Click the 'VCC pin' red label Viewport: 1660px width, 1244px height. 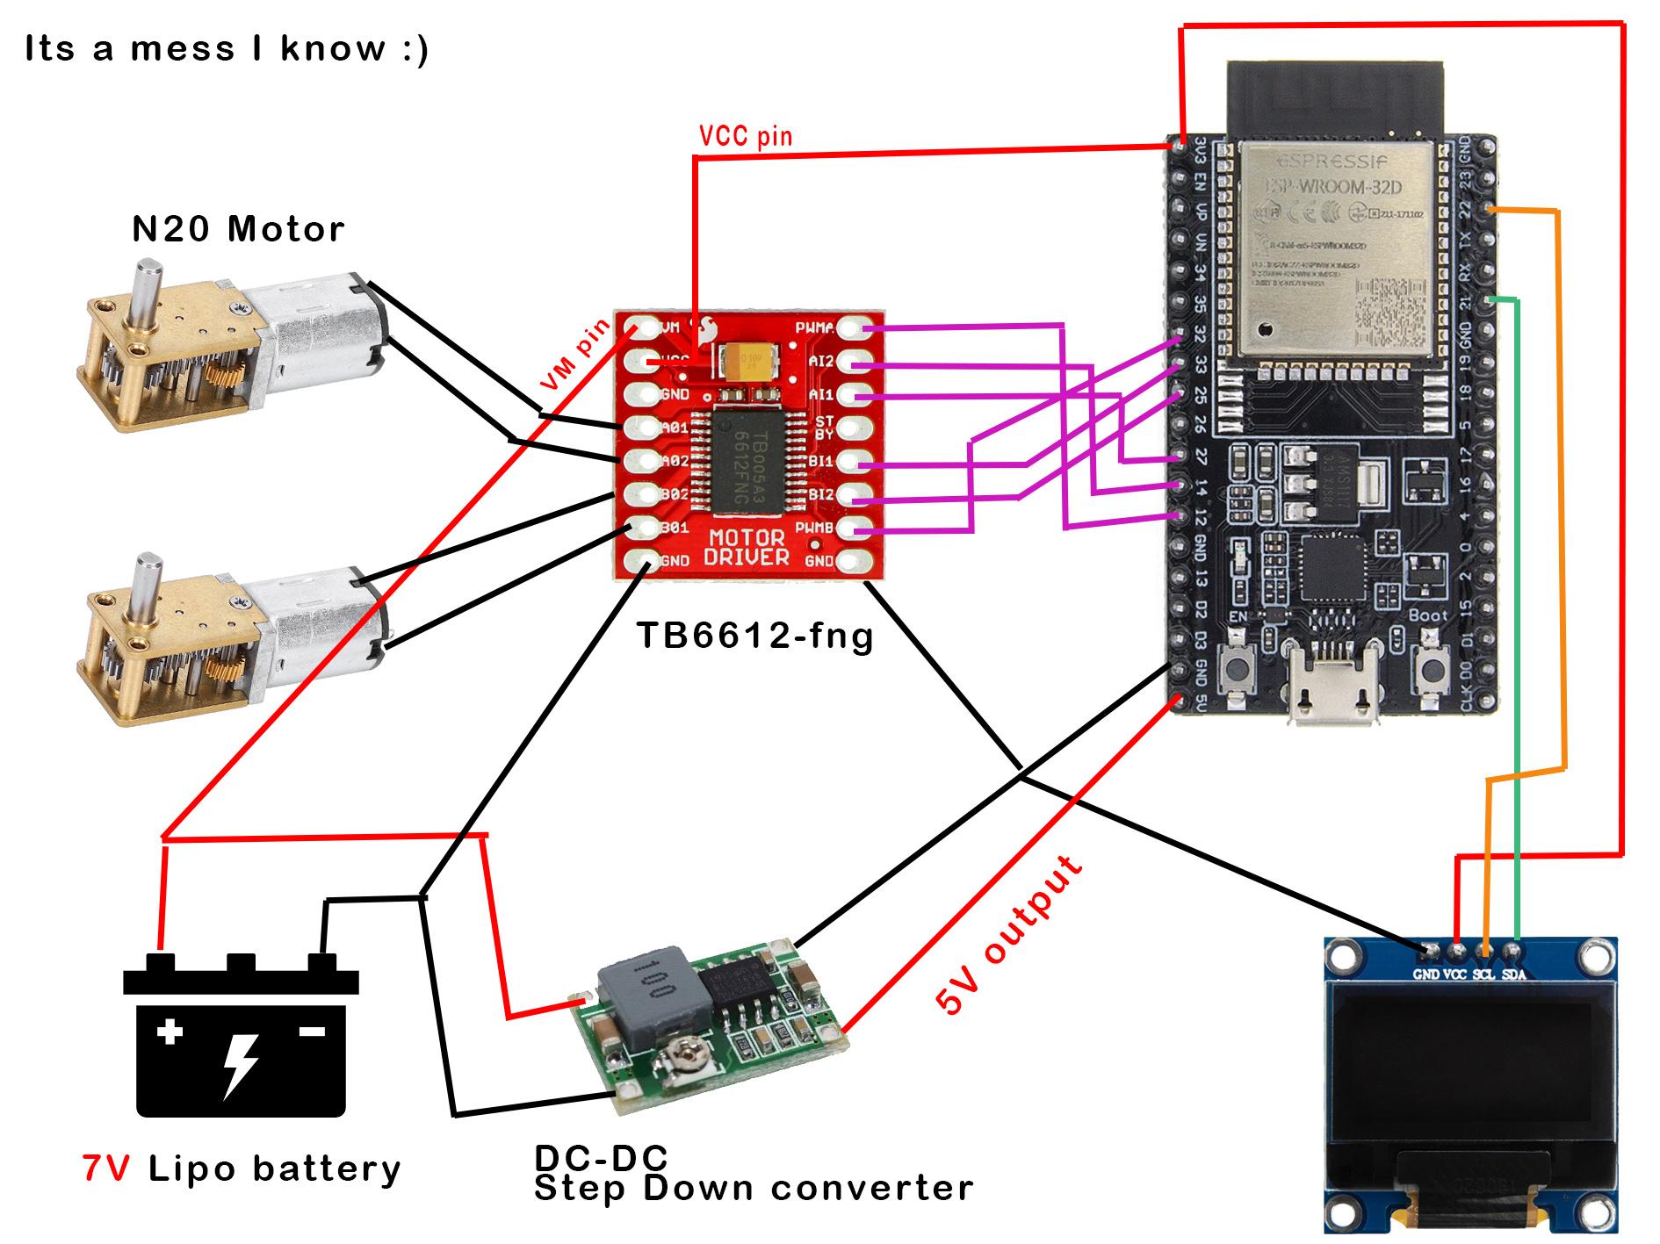(x=745, y=136)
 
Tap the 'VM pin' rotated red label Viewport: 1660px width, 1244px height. (x=575, y=356)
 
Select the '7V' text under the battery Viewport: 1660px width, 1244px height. (x=105, y=1168)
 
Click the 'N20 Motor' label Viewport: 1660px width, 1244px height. (x=238, y=230)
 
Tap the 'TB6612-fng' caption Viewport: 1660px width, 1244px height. (x=754, y=634)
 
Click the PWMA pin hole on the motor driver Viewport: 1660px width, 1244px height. (x=849, y=329)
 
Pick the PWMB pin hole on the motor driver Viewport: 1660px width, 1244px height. (x=849, y=527)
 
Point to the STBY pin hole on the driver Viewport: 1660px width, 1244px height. (x=849, y=428)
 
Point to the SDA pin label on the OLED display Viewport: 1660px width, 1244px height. (x=1513, y=974)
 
